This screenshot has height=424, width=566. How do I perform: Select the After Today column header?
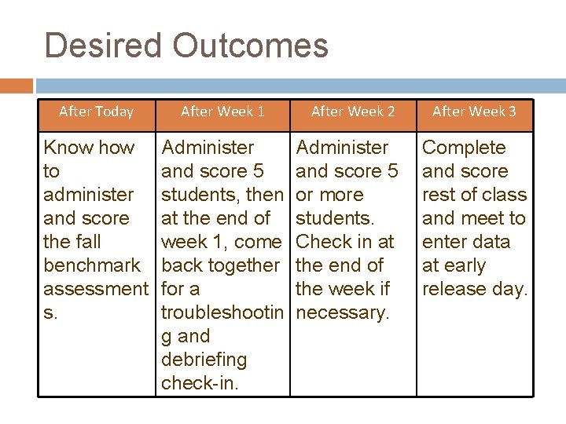[96, 111]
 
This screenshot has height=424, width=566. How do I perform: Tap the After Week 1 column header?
[222, 111]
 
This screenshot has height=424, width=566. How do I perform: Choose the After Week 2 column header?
[353, 111]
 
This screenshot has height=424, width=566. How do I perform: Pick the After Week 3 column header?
[474, 111]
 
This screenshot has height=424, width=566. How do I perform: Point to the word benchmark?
[92, 265]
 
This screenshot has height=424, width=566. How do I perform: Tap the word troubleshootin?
[221, 313]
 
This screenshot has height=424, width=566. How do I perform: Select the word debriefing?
[204, 360]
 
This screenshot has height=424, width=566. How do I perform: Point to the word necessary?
[343, 313]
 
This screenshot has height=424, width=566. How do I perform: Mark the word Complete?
[465, 148]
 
